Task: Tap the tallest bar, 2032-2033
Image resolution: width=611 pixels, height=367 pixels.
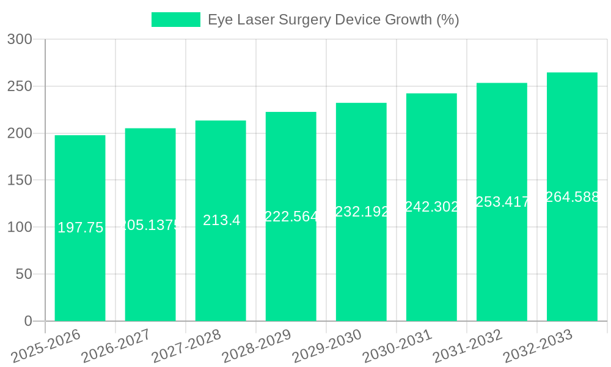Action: pos(572,257)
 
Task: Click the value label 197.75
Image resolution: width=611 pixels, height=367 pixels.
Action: pos(80,228)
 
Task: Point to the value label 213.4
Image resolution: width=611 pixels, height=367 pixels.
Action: pos(221,221)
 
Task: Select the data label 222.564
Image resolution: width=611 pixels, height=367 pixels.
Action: pos(291,217)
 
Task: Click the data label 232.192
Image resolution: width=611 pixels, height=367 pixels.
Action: pos(362,212)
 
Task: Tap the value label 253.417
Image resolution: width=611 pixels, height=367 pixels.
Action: pos(502,202)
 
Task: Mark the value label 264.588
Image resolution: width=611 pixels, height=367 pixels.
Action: pos(573,197)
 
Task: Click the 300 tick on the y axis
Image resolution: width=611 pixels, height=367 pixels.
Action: pos(20,40)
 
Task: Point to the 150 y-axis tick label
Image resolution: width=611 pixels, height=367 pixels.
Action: pos(20,180)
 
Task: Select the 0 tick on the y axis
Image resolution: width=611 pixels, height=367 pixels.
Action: pos(27,321)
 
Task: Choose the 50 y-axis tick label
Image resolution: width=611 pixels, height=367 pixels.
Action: pos(24,274)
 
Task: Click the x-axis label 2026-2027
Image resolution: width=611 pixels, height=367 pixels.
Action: pos(115,346)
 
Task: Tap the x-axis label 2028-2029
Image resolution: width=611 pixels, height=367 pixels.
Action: pos(256,346)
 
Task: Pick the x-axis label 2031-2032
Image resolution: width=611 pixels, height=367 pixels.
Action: pos(467,346)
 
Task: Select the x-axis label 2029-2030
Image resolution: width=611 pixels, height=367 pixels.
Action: pos(326,346)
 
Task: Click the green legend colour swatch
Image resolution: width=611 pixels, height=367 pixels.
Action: pos(176,20)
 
